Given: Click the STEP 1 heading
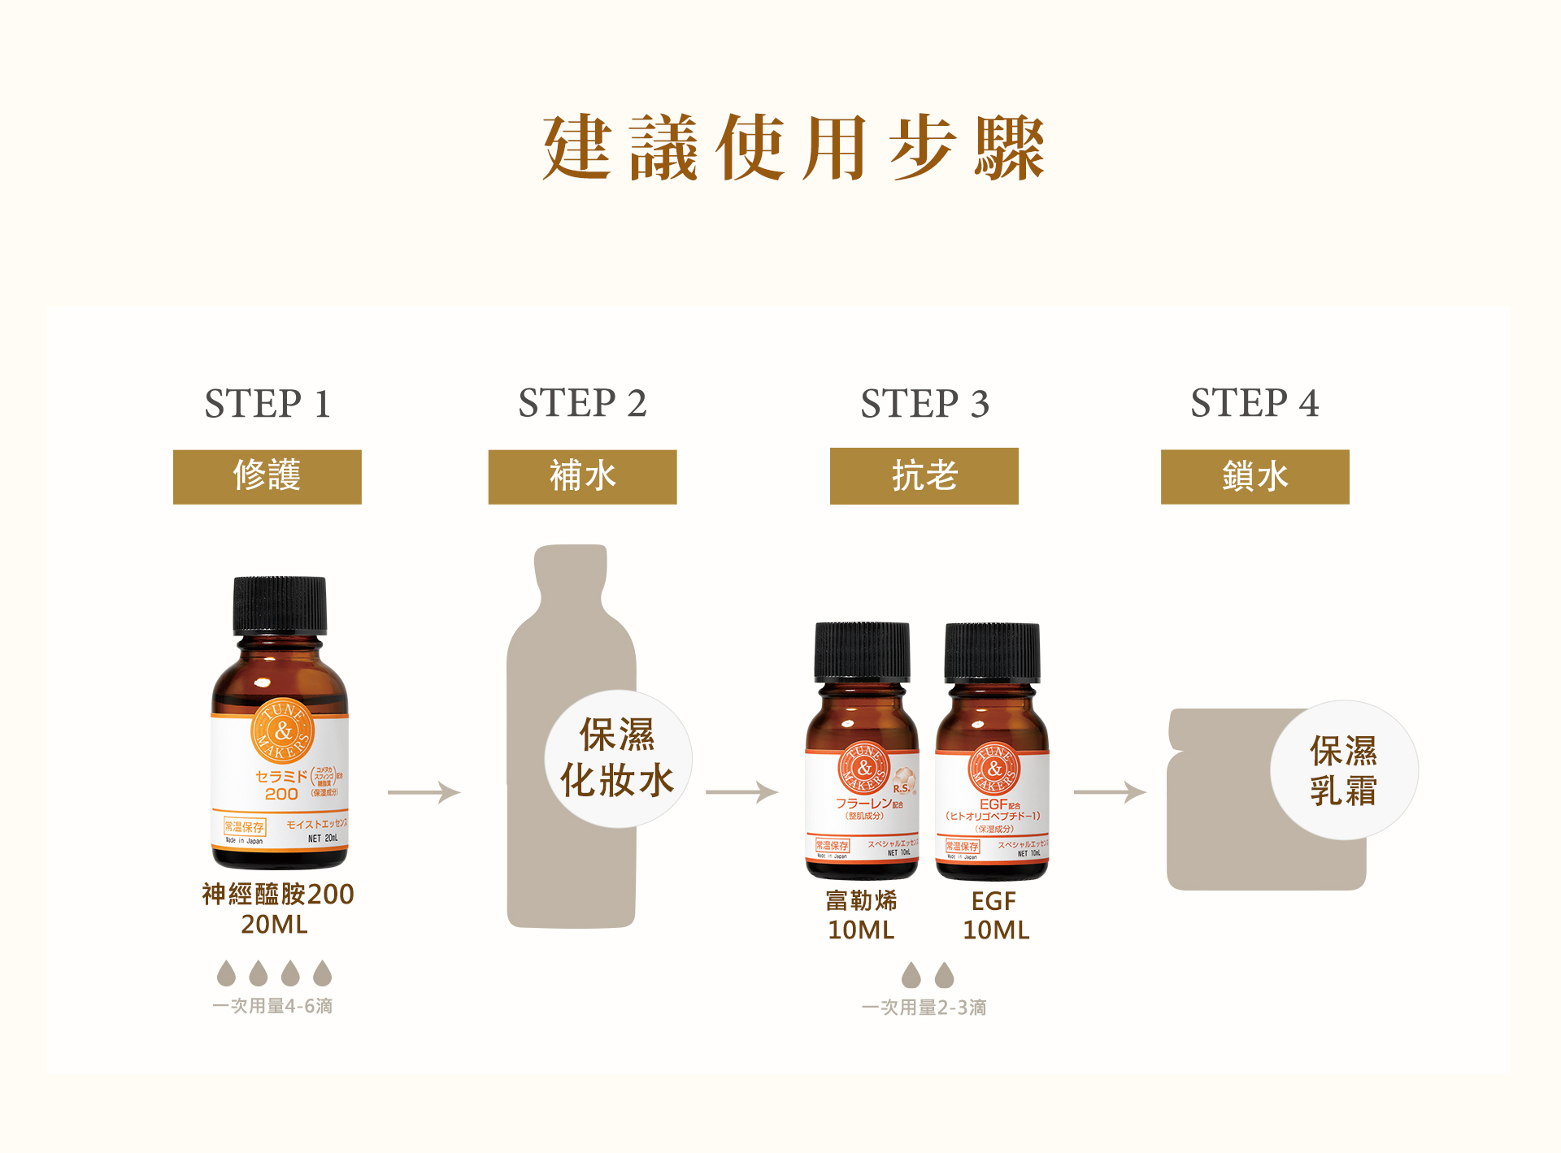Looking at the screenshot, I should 267,404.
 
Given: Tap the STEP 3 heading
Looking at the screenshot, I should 924,404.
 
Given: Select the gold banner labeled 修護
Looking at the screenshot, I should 267,477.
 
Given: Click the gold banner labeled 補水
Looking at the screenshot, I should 582,477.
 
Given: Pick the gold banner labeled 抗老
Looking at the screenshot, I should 924,476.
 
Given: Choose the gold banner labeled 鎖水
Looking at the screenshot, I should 1254,477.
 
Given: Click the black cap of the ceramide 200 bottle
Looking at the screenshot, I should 280,605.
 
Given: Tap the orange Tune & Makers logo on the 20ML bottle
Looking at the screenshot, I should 282,730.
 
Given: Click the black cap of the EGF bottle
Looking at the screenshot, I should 992,652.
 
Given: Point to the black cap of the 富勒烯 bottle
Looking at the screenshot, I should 863,652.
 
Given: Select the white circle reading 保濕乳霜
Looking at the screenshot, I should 1344,770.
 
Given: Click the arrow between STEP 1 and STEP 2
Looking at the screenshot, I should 424,791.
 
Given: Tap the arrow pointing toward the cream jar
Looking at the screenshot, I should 1110,791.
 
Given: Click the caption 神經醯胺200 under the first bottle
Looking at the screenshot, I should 278,895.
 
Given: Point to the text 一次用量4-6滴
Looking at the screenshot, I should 272,1006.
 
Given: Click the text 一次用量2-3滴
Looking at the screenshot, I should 924,1008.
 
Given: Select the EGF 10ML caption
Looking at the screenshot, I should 995,916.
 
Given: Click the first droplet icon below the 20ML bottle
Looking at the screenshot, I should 226,973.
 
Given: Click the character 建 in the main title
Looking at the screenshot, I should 577,147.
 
